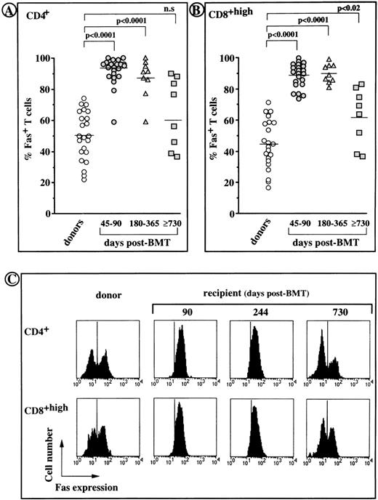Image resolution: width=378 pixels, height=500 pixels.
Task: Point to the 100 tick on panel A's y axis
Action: click(x=44, y=58)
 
